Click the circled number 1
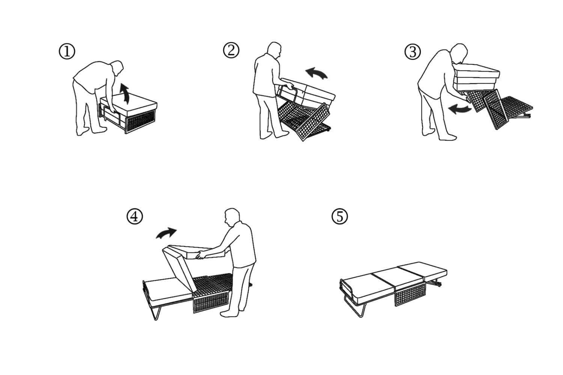67,52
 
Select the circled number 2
231,50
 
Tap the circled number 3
412,52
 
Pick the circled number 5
340,216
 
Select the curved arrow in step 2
316,73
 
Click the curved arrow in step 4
166,233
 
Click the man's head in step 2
275,51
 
